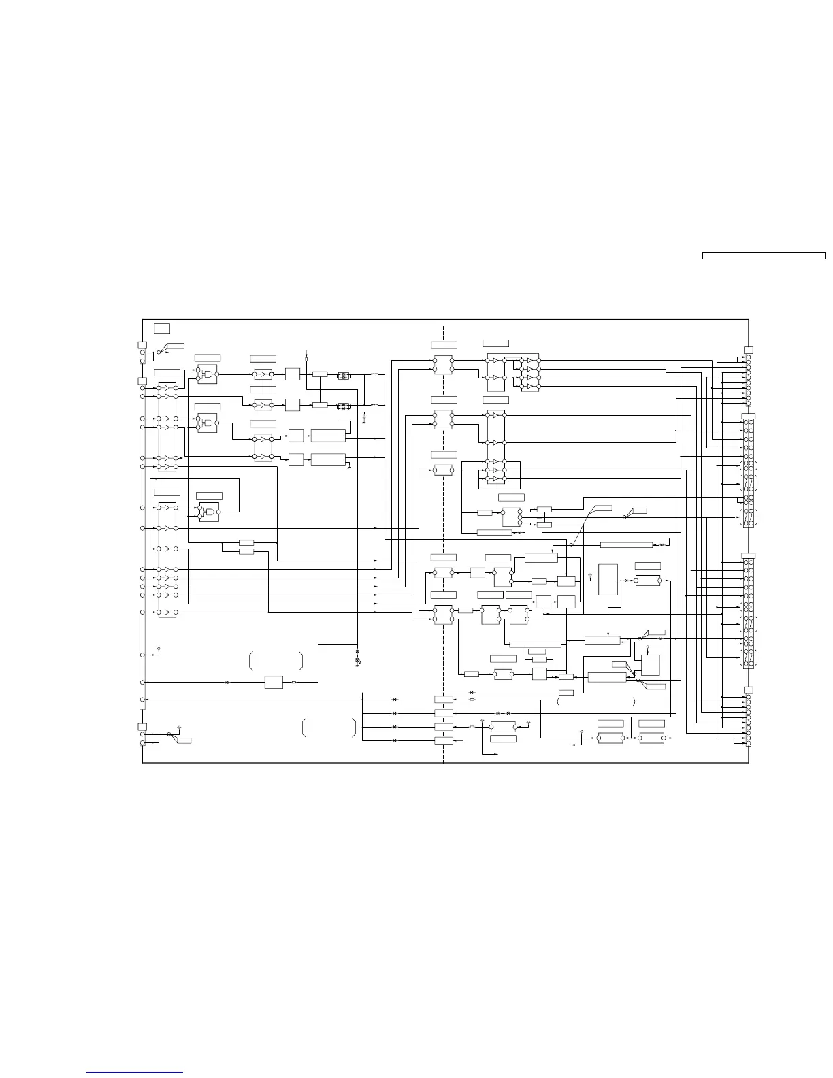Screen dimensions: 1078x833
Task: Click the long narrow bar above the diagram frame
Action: pos(764,256)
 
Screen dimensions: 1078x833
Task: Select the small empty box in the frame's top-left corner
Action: pos(162,329)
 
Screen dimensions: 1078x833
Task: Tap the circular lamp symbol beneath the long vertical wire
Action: pos(358,661)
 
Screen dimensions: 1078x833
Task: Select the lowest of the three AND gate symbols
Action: pos(208,512)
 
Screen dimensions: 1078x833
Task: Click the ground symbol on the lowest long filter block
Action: pos(348,468)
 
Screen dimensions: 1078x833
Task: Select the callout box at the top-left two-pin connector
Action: pos(174,346)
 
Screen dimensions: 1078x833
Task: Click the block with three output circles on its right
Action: pos(511,517)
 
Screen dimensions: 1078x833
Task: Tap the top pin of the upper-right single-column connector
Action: pos(748,357)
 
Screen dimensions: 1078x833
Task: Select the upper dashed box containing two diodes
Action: pos(344,374)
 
